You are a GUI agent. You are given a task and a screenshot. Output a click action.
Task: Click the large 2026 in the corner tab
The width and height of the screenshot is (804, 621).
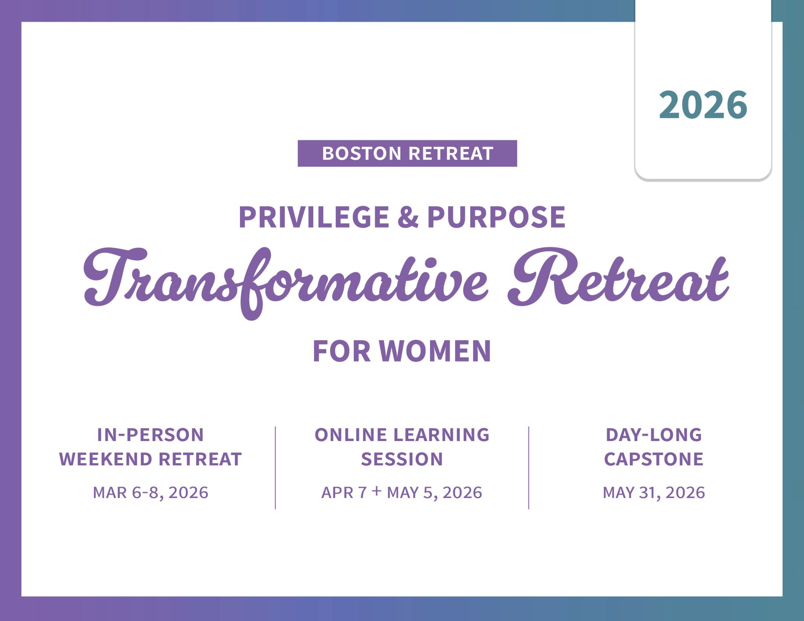[x=703, y=105]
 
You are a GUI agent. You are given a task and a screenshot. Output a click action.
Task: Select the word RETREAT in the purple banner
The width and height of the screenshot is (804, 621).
[x=451, y=154]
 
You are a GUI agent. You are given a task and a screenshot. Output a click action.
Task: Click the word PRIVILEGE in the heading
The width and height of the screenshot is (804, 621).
[x=314, y=217]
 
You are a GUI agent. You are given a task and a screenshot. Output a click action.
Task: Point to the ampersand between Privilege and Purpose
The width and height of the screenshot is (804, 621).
[x=408, y=217]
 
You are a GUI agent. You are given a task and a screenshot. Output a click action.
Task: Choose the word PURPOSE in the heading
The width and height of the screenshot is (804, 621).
[x=496, y=217]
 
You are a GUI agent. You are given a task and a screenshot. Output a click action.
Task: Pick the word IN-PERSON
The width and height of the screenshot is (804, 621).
[x=150, y=435]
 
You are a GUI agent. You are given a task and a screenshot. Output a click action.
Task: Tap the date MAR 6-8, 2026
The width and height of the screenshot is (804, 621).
[x=150, y=493]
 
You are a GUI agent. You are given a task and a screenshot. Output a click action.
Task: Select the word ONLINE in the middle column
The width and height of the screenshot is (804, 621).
[x=351, y=435]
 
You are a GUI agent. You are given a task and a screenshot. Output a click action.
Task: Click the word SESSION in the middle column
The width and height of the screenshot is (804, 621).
[x=402, y=459]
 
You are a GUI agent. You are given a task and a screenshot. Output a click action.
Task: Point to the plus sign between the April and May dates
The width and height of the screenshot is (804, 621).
[x=376, y=490]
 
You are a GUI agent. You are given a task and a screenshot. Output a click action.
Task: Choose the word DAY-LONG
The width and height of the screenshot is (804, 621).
[x=654, y=435]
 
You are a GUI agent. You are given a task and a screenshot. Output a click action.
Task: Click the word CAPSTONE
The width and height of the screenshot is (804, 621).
[x=654, y=459]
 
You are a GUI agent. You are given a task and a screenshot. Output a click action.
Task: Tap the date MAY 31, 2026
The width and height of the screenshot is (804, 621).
[x=654, y=493]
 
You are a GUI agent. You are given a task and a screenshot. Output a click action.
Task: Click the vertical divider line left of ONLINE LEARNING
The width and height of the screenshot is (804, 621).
[x=275, y=468]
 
